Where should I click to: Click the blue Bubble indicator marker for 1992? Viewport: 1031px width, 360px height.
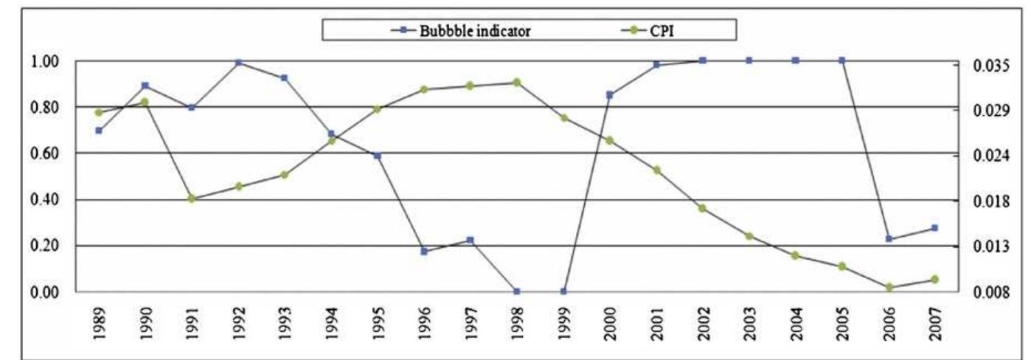pos(238,63)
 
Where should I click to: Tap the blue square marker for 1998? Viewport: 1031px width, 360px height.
pos(517,291)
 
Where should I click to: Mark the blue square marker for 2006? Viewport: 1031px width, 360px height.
pos(889,239)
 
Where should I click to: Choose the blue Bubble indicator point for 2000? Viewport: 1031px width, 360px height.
pos(610,94)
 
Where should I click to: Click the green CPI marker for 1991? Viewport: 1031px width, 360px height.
pos(192,198)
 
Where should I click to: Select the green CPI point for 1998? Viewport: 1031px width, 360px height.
pos(517,82)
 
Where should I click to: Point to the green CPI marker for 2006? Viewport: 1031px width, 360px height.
pos(889,287)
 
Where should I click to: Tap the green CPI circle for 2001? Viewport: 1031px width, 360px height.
pos(656,170)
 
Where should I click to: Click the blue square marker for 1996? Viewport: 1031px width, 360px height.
pos(424,252)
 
